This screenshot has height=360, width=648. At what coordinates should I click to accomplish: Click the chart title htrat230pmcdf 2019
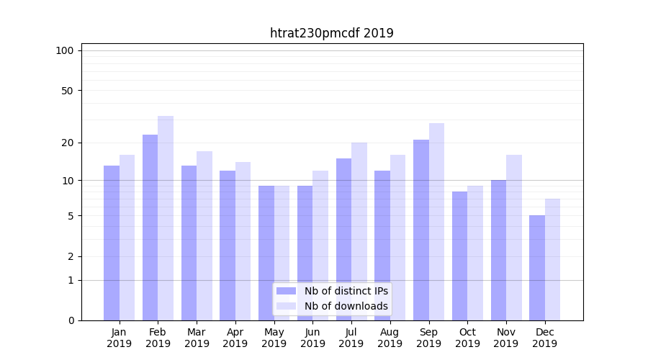331,33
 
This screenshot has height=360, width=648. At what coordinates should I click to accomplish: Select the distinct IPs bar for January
112,243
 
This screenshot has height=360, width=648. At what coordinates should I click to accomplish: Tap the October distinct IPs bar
460,256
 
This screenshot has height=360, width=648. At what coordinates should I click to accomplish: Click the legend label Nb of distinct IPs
346,291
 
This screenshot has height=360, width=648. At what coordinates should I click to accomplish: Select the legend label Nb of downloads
346,306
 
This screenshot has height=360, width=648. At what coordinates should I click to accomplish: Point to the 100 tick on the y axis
65,50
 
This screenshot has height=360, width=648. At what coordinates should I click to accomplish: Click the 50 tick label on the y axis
67,91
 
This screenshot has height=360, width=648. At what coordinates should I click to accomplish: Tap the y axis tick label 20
67,143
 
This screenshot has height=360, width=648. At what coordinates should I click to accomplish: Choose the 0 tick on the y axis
71,320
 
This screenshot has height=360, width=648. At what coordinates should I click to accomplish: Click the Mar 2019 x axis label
197,338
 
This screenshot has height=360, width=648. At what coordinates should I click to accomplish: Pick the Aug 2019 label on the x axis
390,338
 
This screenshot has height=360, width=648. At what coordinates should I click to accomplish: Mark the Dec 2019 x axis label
545,338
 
